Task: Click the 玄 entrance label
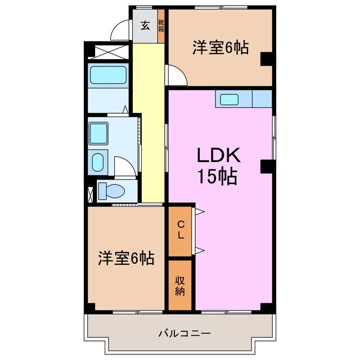[x=145, y=26]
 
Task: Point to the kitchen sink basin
[x=228, y=100]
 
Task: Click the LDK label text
[x=218, y=156]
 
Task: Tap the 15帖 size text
[x=217, y=177]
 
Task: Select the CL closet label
[x=180, y=231]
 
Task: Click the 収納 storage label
[x=180, y=285]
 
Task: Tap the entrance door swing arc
[x=120, y=31]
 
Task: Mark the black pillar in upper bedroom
[x=267, y=58]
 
